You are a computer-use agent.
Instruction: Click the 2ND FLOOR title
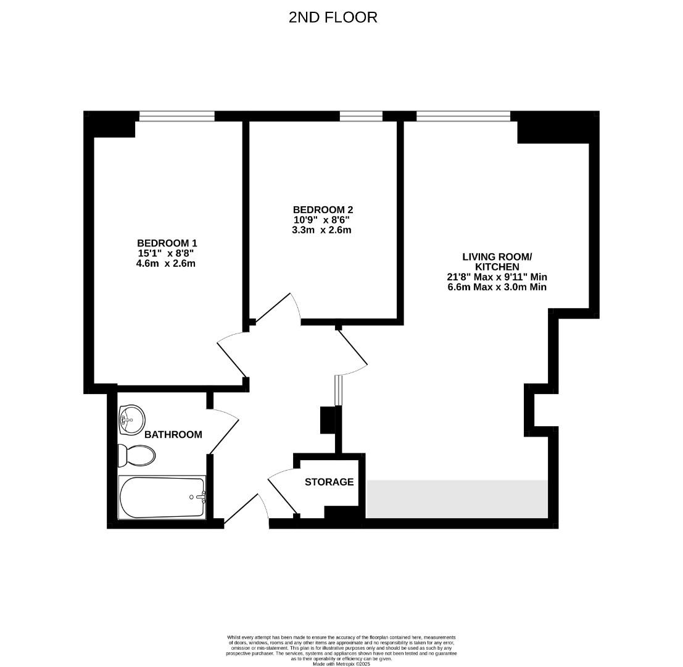[x=333, y=17]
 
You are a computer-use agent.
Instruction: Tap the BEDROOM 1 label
[x=167, y=243]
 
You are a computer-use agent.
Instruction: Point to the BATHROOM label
[x=173, y=435]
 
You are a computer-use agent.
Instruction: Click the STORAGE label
[x=329, y=482]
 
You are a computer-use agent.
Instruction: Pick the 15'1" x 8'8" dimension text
[x=167, y=253]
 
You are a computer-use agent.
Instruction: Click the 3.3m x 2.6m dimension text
[x=321, y=230]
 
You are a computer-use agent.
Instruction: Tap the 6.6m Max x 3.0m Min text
[x=497, y=287]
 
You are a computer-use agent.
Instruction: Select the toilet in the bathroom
[x=137, y=456]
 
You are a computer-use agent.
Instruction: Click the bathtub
[x=162, y=497]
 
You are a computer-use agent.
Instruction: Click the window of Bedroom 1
[x=176, y=115]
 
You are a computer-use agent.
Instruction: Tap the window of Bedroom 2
[x=361, y=115]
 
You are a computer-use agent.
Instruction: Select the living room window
[x=463, y=115]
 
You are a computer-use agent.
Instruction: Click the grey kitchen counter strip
[x=457, y=498]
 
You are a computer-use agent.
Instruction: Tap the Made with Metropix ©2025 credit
[x=342, y=664]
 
